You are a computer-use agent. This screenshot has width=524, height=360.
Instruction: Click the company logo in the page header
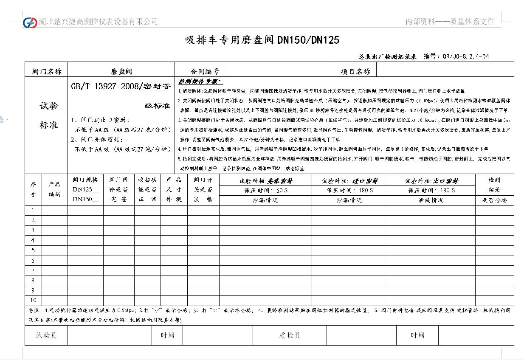(30, 22)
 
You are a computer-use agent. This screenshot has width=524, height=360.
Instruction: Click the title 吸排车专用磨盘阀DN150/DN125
(262, 40)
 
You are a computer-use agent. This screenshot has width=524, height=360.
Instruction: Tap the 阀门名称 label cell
(46, 71)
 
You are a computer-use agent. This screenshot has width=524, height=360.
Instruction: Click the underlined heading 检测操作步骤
(200, 82)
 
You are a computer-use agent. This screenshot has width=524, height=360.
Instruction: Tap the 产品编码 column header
(55, 189)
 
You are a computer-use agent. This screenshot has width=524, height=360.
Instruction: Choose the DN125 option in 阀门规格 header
(85, 189)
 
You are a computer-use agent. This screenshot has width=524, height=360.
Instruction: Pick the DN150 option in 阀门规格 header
(85, 199)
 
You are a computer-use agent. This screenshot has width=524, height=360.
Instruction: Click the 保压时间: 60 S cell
(265, 191)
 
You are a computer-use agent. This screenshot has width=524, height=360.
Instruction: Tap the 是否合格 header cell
(494, 200)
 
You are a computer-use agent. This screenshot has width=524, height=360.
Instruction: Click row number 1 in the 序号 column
(33, 210)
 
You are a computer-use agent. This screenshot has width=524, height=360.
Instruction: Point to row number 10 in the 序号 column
(33, 300)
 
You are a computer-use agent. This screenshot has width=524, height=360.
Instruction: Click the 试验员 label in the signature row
(46, 335)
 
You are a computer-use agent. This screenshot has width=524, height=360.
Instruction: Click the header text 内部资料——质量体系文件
(450, 22)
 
